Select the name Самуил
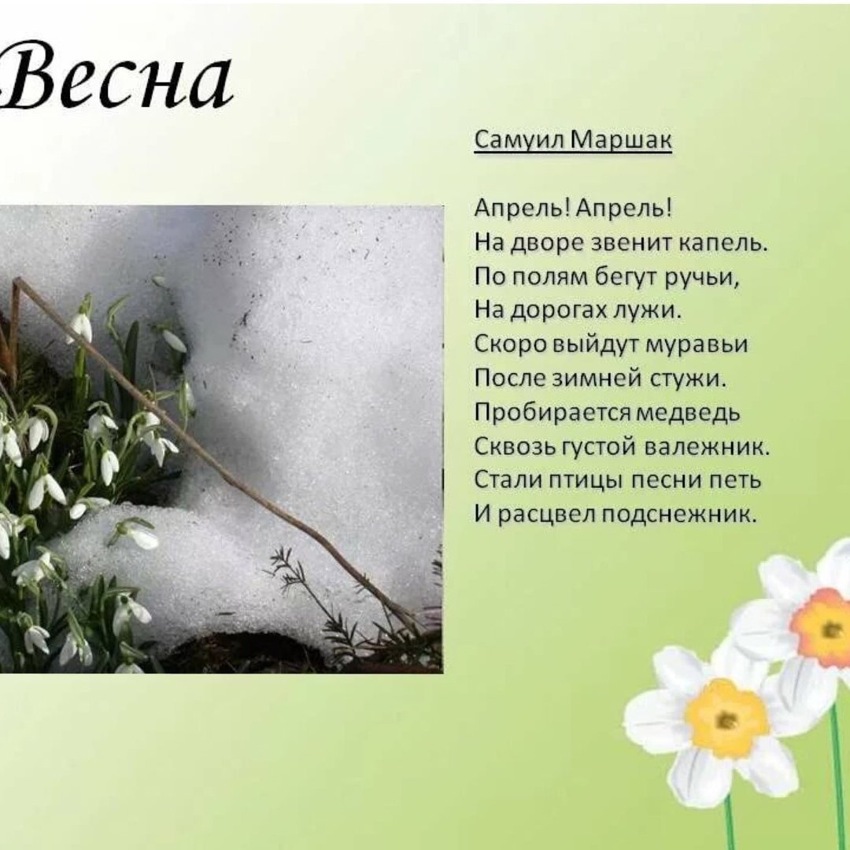pyautogui.click(x=519, y=140)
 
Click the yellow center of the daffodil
pyautogui.click(x=726, y=718)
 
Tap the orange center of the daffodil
pyautogui.click(x=826, y=628)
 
